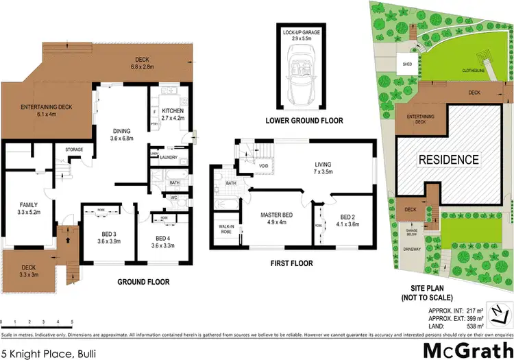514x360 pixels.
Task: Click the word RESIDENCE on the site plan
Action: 449,159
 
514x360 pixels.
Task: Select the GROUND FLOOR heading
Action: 143,282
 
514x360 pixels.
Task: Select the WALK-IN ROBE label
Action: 225,230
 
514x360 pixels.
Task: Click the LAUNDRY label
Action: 168,158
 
